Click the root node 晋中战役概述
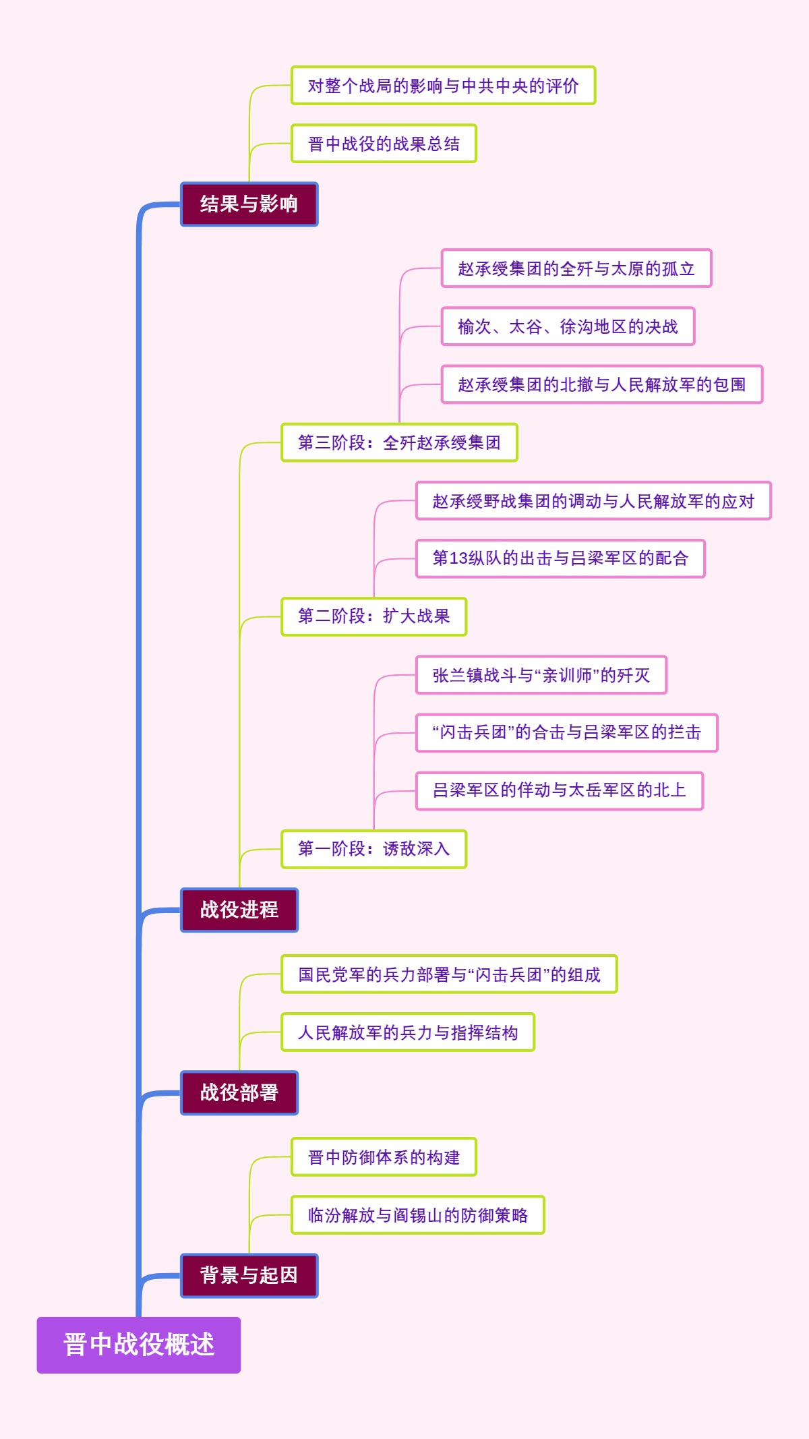pyautogui.click(x=138, y=1345)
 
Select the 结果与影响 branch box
pyautogui.click(x=249, y=204)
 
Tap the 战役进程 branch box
pyautogui.click(x=239, y=910)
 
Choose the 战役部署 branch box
pyautogui.click(x=239, y=1092)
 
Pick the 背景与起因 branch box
pyautogui.click(x=249, y=1275)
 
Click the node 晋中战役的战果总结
pyautogui.click(x=384, y=144)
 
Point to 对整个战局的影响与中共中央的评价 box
pyautogui.click(x=443, y=86)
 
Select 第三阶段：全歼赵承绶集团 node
pyautogui.click(x=399, y=442)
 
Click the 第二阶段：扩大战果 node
pyautogui.click(x=373, y=616)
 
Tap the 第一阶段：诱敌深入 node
pyautogui.click(x=373, y=848)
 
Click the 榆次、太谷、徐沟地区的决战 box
pyautogui.click(x=568, y=326)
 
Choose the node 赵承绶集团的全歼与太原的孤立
pyautogui.click(x=576, y=268)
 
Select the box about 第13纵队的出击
pyautogui.click(x=560, y=558)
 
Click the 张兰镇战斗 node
pyautogui.click(x=541, y=675)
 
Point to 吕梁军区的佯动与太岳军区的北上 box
pyautogui.click(x=559, y=790)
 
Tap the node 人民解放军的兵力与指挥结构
pyautogui.click(x=407, y=1032)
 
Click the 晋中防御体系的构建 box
pyautogui.click(x=384, y=1157)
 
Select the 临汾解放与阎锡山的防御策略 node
pyautogui.click(x=417, y=1215)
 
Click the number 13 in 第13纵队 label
pyautogui.click(x=458, y=558)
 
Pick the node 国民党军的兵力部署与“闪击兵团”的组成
pyautogui.click(x=449, y=974)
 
